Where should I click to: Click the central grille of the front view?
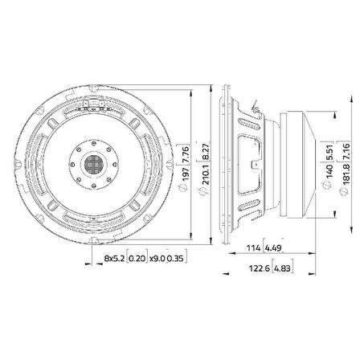97,162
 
